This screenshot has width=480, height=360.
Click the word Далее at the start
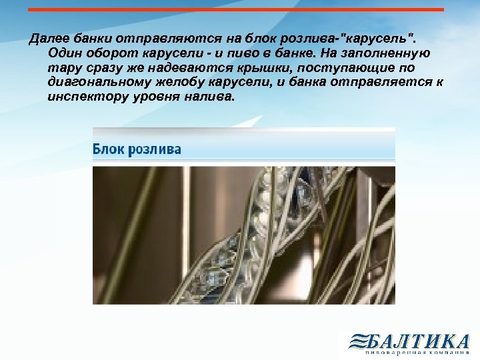pyautogui.click(x=45, y=37)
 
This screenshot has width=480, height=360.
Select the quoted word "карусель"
pyautogui.click(x=373, y=37)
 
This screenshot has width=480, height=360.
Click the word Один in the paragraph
pyautogui.click(x=64, y=52)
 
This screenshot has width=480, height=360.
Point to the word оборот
pyautogui.click(x=111, y=52)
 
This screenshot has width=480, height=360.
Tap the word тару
pyautogui.click(x=63, y=67)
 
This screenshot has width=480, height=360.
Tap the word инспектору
pyautogui.click(x=85, y=97)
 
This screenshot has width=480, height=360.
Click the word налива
pyautogui.click(x=212, y=97)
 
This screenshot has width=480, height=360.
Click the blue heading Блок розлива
pyautogui.click(x=137, y=149)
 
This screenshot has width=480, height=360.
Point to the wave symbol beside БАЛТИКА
pyautogui.click(x=358, y=343)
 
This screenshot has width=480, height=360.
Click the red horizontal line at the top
pyautogui.click(x=237, y=9)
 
